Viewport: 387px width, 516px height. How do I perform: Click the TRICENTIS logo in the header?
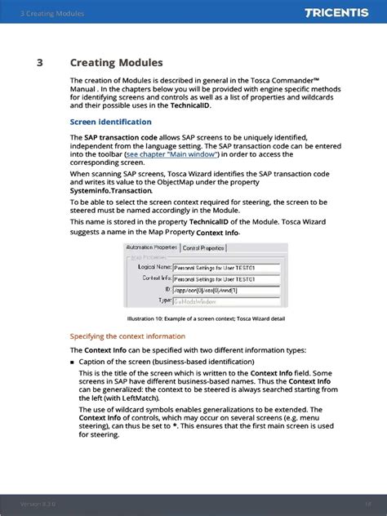point(340,13)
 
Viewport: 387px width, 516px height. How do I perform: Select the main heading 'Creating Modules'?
point(116,63)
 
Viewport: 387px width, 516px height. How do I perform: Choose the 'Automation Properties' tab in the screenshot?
point(151,247)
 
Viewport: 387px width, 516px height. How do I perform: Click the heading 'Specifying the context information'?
point(127,336)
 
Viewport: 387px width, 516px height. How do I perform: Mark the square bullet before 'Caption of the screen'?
point(73,361)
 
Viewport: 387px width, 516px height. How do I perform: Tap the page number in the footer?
point(368,504)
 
